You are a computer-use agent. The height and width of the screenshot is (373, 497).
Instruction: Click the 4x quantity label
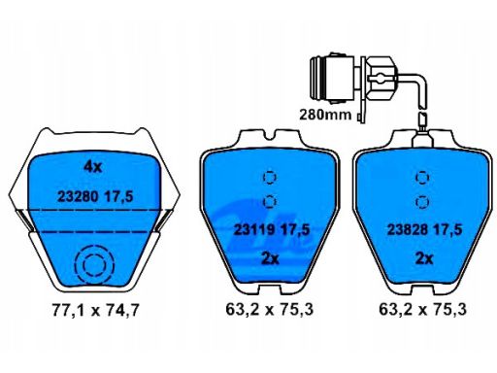click(x=93, y=167)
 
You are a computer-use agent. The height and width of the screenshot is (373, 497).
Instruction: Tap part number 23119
click(x=254, y=230)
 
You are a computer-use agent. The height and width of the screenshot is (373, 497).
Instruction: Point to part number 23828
click(x=408, y=230)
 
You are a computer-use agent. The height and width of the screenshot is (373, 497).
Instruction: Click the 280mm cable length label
click(x=325, y=115)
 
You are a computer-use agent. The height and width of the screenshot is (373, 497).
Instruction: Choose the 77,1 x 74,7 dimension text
click(x=95, y=310)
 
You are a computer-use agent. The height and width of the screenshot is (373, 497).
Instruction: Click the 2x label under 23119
click(x=270, y=258)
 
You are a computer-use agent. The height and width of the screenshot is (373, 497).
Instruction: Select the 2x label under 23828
click(x=424, y=258)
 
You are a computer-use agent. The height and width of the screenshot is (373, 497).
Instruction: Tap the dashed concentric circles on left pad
click(x=94, y=265)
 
